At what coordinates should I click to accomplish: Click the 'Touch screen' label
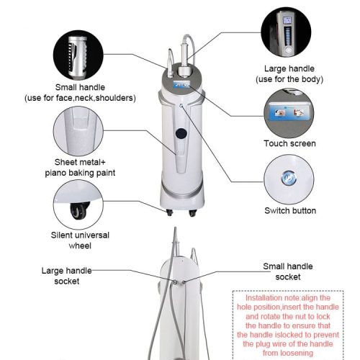[x=289, y=143]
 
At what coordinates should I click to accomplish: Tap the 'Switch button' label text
[x=290, y=211]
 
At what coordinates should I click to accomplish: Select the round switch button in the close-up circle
[x=288, y=179]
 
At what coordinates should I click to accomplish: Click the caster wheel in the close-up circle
[x=79, y=211]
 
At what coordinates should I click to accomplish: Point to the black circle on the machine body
[x=181, y=134]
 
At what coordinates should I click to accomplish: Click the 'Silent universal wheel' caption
[x=80, y=240]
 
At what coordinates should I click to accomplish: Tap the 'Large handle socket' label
[x=67, y=276]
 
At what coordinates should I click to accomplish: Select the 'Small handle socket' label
[x=288, y=271]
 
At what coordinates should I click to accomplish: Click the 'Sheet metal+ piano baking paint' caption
[x=80, y=168]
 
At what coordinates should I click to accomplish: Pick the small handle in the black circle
[x=78, y=57]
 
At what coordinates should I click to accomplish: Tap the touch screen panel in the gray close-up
[x=289, y=112]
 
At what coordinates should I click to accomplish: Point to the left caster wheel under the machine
[x=169, y=212]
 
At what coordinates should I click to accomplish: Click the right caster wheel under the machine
[x=192, y=212]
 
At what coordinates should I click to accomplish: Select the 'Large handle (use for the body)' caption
[x=289, y=74]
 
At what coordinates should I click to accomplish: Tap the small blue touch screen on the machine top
[x=181, y=84]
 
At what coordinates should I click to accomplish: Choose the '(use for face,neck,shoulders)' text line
[x=80, y=98]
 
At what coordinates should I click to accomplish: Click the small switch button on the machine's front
[x=181, y=105]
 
